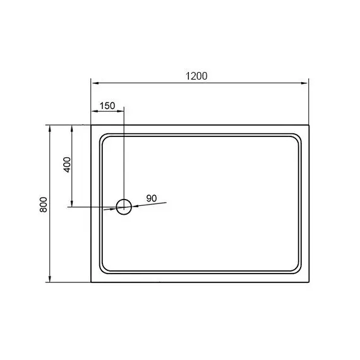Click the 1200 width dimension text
point(197,76)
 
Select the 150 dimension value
point(107,105)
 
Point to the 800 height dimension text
point(43,203)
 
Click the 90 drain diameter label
point(152,198)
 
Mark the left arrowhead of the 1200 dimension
point(95,83)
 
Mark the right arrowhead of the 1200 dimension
point(305,83)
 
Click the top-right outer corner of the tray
point(308,125)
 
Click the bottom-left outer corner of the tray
point(92,282)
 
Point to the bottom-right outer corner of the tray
point(308,282)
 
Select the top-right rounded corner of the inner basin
point(296,137)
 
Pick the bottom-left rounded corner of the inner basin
point(104,270)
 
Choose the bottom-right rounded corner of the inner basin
point(296,270)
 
